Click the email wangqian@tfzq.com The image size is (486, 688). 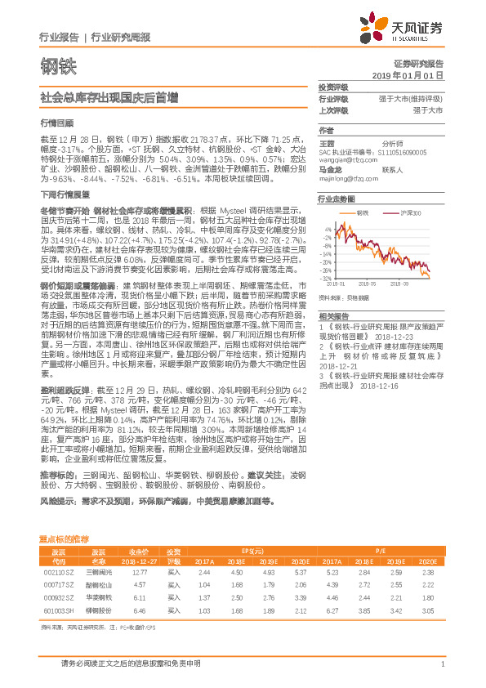(341, 160)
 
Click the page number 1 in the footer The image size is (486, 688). (442, 664)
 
